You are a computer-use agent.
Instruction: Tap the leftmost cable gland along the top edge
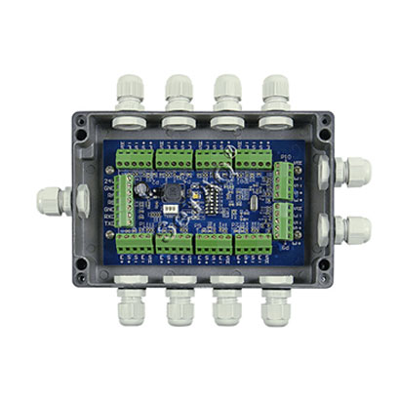click(x=136, y=96)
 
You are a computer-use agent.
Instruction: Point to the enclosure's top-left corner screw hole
click(x=83, y=124)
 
